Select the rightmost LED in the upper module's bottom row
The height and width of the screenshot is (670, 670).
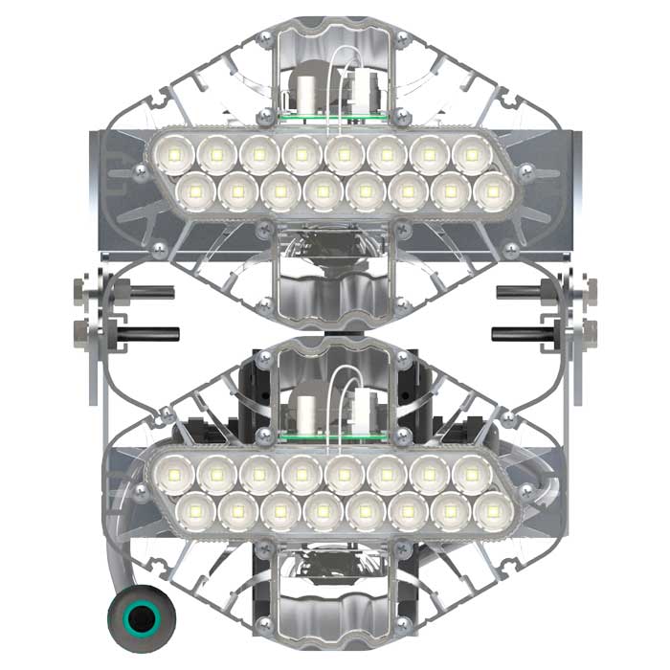coord(493,191)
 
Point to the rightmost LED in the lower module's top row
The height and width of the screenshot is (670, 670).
coord(471,472)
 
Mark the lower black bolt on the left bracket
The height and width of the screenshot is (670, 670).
coord(148,334)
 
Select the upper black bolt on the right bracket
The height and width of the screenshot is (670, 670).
coord(525,291)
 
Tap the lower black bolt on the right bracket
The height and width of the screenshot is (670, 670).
coord(521,334)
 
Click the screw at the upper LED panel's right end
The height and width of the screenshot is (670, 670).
coord(525,172)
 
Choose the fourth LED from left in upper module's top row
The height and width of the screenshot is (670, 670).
coord(301,153)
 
